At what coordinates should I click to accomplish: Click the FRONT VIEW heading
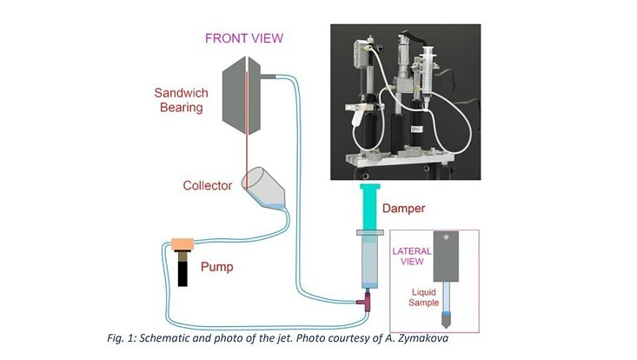click(244, 38)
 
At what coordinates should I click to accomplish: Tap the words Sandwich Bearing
click(179, 100)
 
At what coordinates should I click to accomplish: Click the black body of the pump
click(183, 270)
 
